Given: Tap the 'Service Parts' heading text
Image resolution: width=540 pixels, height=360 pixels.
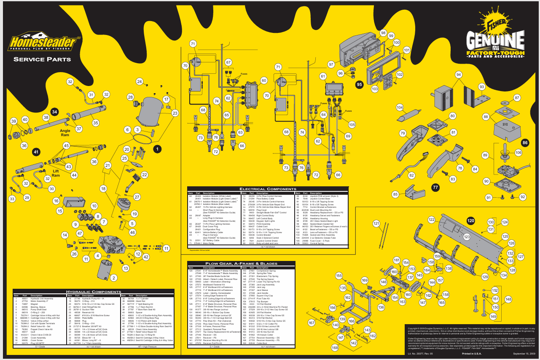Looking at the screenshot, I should coord(42,59).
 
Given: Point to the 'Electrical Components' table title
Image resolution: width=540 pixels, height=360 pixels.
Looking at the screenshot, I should coord(268,189).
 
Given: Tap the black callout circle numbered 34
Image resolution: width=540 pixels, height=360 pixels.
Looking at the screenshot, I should coord(54,112).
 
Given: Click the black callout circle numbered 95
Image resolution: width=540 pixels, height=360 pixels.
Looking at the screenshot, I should coord(359,84).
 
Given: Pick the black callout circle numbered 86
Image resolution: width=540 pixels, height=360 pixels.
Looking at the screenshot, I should coord(525,143).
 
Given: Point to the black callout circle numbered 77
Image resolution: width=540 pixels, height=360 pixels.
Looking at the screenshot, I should coord(435,187).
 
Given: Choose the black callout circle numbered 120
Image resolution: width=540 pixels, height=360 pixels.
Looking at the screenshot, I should coord(471,220).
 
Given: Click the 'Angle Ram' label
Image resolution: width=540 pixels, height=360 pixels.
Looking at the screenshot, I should coord(65,133).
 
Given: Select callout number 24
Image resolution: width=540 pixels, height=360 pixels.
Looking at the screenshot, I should coord(139,81).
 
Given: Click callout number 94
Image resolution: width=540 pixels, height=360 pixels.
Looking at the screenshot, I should coord(459,75).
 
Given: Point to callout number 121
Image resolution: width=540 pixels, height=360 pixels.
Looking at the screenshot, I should coord(376,223).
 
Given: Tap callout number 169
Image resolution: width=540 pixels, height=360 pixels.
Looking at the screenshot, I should coord(365,280).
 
